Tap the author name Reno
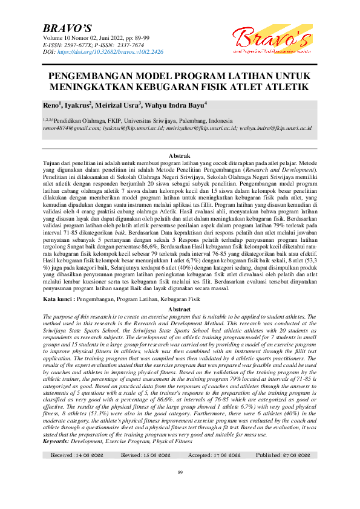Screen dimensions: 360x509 tap(51, 105)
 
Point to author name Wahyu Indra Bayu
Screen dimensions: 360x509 tap(177, 105)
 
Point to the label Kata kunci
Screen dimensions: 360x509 tap(58, 299)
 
